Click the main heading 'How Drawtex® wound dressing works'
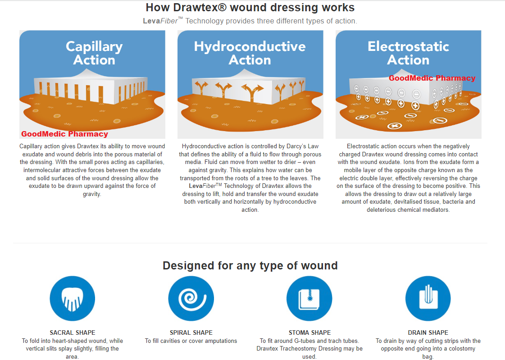coord(250,8)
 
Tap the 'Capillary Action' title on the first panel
coord(94,53)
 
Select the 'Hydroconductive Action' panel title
coord(250,53)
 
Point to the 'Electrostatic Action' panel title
coord(408,53)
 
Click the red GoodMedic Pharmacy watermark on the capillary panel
coord(64,134)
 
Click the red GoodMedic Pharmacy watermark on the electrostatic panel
coord(432,78)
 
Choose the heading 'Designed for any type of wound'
coord(250,265)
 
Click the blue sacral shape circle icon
coord(73,299)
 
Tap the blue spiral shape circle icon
coord(191,299)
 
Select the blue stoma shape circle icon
coord(309,299)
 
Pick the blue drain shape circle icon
coord(428,299)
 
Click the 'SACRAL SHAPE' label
coord(73,333)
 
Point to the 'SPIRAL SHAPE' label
coord(191,333)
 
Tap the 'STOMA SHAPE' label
coord(309,333)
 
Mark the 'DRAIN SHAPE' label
coord(428,333)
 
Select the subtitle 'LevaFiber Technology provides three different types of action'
coord(250,21)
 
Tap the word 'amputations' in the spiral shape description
coord(220,341)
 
